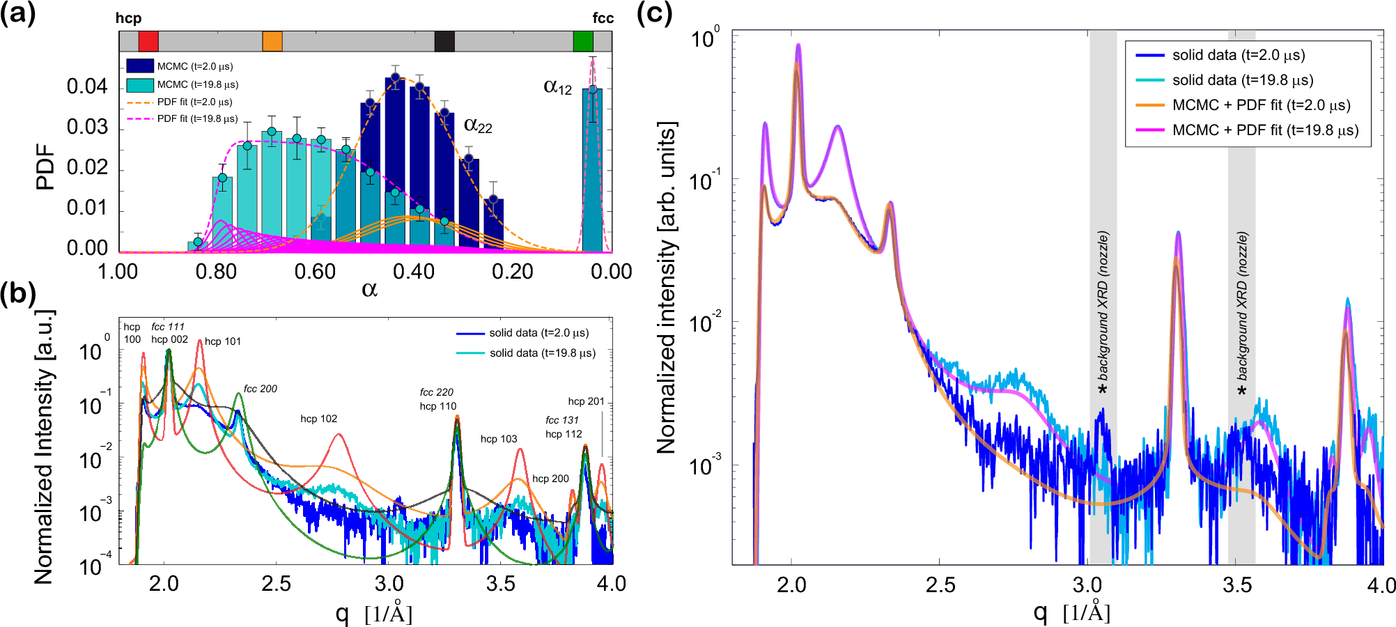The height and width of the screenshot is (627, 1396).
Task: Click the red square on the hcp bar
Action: point(148,41)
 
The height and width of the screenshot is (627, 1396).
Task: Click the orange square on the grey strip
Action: point(272,41)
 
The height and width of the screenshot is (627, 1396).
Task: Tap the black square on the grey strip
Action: point(444,41)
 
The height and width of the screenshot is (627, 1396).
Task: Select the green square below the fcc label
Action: point(583,41)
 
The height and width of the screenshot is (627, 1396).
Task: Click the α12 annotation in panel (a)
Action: point(557,87)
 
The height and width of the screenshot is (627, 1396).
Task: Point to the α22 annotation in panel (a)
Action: point(478,125)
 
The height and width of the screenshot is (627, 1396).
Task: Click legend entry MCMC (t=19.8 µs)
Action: point(197,84)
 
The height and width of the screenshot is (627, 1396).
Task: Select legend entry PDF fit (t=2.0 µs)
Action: point(194,102)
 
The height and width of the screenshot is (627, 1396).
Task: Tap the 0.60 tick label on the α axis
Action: point(315,272)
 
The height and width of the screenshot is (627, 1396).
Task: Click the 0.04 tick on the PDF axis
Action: point(87,86)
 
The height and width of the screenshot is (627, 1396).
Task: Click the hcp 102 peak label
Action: point(319,419)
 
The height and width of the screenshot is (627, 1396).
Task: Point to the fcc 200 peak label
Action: point(261,389)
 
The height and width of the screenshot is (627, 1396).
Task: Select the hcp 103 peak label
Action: point(499,439)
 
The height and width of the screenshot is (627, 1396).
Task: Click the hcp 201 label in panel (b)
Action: point(586,401)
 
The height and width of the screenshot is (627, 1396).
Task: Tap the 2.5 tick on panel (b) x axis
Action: point(277,584)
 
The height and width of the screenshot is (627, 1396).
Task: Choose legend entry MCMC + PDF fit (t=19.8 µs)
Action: point(1265,130)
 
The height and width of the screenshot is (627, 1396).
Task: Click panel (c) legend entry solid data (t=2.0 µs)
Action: point(1239,55)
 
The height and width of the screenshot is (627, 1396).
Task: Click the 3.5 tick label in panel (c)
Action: point(1237,585)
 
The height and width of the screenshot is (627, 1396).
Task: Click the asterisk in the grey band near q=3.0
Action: point(1103,388)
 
